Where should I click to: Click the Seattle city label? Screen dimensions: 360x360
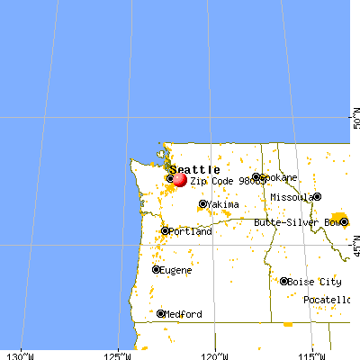[194, 169]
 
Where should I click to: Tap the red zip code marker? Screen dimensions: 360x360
[179, 180]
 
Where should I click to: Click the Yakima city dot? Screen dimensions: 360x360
[202, 205]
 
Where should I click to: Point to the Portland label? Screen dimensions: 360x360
[191, 231]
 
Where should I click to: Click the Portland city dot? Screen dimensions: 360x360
[164, 231]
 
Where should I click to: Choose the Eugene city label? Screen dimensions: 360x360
[179, 269]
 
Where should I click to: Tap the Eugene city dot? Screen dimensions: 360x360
[157, 269]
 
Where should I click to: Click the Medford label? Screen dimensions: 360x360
[184, 314]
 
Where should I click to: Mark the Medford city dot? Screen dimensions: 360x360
[160, 314]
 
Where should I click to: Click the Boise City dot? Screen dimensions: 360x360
[284, 282]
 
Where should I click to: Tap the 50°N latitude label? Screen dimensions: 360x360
[354, 121]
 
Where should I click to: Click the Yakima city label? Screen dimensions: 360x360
[223, 205]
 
